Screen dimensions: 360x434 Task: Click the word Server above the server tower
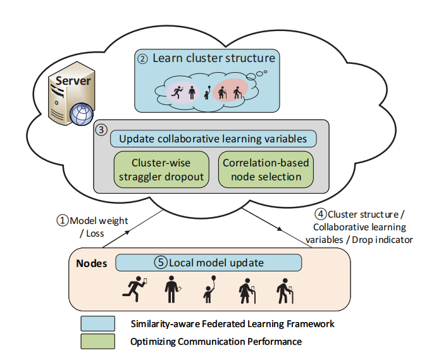click(74, 80)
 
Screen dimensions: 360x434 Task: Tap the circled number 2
click(143, 59)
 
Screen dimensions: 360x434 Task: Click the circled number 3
click(101, 129)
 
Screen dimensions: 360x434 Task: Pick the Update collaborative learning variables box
click(213, 139)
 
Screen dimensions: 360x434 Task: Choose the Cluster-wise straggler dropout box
click(162, 170)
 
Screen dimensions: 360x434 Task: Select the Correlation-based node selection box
click(266, 170)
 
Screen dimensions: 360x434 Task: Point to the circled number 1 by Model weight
click(62, 220)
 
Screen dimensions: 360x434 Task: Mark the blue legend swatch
click(97, 324)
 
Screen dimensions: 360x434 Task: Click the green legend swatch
click(97, 342)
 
